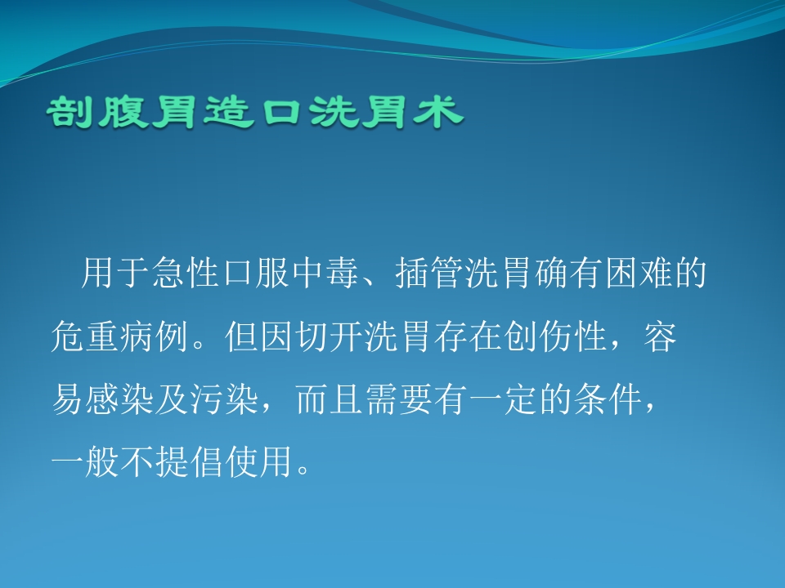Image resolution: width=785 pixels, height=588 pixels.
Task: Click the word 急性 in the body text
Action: coord(187,275)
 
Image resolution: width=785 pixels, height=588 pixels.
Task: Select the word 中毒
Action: coord(331,275)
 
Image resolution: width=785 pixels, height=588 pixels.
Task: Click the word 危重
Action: coord(87,338)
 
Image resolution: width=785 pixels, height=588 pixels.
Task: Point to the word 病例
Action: coord(159,338)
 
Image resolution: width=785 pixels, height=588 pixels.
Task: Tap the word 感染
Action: coord(123,401)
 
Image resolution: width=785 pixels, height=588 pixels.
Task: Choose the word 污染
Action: coord(231,401)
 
